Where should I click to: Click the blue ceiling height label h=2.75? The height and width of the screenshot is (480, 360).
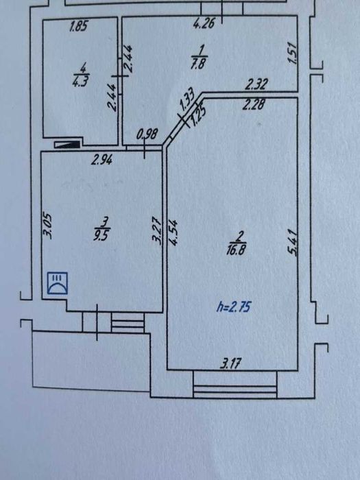(x=233, y=307)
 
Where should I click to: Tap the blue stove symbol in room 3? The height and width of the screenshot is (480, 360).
(x=57, y=283)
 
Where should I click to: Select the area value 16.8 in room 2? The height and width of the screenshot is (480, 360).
(x=236, y=251)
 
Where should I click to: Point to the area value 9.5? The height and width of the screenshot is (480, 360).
(x=102, y=236)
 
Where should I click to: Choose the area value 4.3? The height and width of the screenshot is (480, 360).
(x=80, y=82)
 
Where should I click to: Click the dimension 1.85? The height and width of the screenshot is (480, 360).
(x=79, y=26)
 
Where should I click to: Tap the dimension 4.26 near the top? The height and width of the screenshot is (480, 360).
(x=204, y=23)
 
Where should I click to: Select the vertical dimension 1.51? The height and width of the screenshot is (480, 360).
(x=293, y=53)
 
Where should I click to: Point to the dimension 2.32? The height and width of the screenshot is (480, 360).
(x=256, y=84)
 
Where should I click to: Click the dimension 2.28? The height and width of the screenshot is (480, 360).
(x=253, y=105)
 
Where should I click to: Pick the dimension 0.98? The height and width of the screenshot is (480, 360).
(x=147, y=134)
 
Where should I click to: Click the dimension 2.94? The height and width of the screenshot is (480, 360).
(x=102, y=160)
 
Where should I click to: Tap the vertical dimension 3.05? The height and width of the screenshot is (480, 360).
(x=48, y=226)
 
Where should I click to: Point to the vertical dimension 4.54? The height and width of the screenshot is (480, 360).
(x=173, y=232)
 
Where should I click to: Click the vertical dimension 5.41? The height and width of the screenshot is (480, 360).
(x=292, y=243)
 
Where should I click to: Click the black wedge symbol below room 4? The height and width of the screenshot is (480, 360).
(x=67, y=145)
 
